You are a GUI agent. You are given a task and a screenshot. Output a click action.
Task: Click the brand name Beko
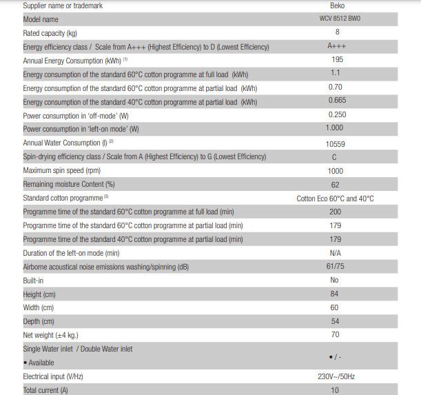[336, 6]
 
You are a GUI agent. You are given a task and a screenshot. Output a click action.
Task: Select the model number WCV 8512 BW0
[336, 19]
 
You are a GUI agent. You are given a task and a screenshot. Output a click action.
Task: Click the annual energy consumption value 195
[336, 60]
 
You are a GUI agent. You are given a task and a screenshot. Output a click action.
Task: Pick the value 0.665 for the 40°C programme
[336, 101]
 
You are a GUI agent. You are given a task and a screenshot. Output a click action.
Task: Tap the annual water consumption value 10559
[336, 143]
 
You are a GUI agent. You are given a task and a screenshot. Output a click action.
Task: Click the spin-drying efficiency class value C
[335, 156]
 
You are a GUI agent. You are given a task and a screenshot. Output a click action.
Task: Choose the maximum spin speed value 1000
[336, 170]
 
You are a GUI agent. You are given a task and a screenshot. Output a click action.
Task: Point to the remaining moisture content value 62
[336, 184]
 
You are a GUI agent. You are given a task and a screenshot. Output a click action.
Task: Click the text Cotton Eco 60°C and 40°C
[336, 199]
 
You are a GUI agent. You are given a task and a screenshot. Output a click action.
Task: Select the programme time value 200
[336, 212]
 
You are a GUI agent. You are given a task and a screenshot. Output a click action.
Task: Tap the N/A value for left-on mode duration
[336, 253]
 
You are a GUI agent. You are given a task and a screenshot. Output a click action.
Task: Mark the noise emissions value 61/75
[336, 267]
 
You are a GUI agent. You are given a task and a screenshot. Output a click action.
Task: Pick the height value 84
[336, 294]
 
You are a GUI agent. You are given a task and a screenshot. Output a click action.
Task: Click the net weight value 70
[336, 335]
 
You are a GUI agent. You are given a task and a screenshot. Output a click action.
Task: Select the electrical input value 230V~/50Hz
[336, 377]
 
